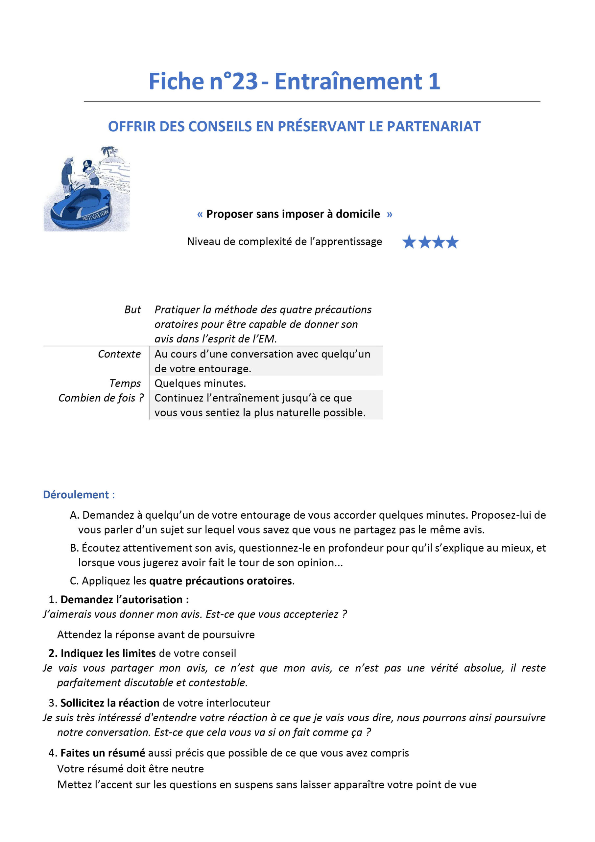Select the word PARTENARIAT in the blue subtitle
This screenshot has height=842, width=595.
(x=433, y=127)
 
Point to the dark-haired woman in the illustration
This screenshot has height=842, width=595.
(x=89, y=171)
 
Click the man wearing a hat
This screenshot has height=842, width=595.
(x=67, y=174)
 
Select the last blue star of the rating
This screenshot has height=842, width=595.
(x=452, y=242)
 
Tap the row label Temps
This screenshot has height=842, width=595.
(x=125, y=383)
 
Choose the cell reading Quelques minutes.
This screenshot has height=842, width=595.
(x=200, y=383)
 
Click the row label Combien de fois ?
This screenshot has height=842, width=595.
(x=101, y=398)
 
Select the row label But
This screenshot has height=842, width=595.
(x=132, y=310)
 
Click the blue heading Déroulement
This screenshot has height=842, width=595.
(x=76, y=495)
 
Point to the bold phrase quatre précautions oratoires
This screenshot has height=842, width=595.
(x=221, y=581)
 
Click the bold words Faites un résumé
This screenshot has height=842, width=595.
(x=103, y=753)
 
